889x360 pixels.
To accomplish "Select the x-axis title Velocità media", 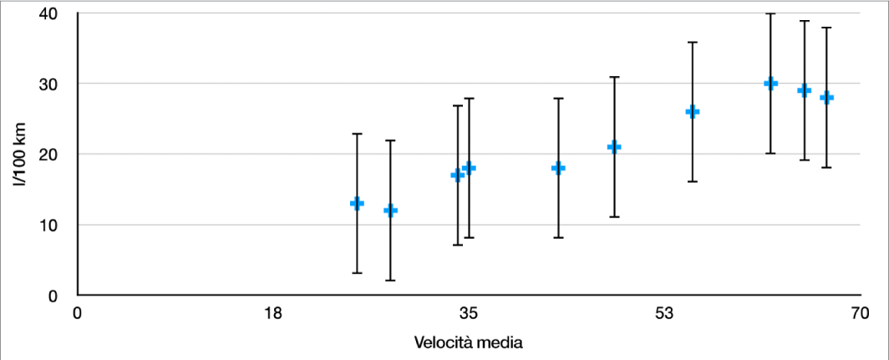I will (469, 342).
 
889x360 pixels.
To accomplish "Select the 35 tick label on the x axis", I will (469, 314).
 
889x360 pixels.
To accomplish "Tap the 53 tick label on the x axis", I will (664, 314).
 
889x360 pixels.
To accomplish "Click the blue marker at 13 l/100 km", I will (357, 203).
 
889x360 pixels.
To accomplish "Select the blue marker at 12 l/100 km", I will (390, 210).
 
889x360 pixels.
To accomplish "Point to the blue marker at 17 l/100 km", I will (457, 175).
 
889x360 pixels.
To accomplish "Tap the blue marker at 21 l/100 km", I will (614, 147).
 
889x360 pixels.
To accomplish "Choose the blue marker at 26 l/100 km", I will (692, 112).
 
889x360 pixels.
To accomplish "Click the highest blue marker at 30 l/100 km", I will (770, 84).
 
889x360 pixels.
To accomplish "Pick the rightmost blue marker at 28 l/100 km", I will (826, 98).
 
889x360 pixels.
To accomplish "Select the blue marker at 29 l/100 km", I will (804, 90).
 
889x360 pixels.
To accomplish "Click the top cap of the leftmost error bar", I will (357, 134).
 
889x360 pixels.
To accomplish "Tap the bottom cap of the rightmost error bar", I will (826, 168).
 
